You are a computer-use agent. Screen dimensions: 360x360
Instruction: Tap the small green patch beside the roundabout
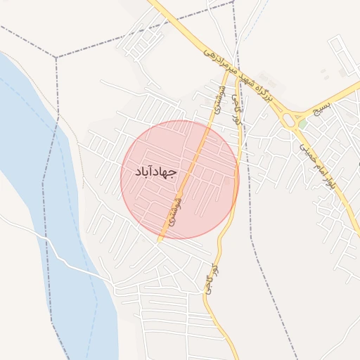pos(302,124)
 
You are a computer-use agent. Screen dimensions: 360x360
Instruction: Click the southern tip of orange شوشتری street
pos(160,240)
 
